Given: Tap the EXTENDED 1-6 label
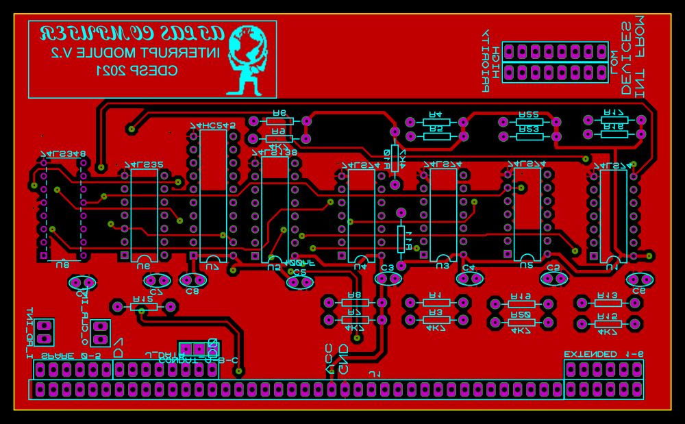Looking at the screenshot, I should pyautogui.click(x=603, y=354).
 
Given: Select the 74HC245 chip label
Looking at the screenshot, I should pyautogui.click(x=212, y=125).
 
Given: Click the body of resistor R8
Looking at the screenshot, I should pyautogui.click(x=355, y=302).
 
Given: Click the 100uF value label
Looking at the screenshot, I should pyautogui.click(x=300, y=262).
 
